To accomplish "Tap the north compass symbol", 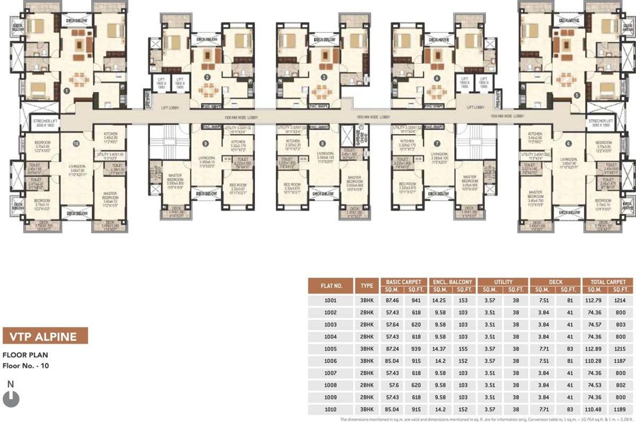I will click(11, 398).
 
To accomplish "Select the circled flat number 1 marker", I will click(66, 91).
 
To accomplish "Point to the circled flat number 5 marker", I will click(576, 95).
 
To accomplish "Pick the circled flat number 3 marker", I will click(324, 77).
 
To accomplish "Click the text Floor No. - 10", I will click(26, 365).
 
